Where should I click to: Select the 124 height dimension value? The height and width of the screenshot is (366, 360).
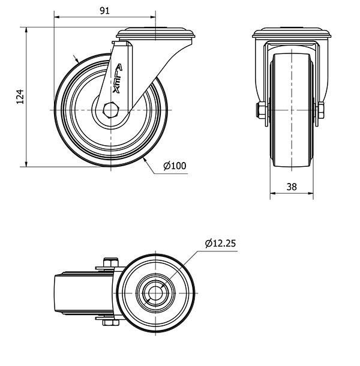click(19, 97)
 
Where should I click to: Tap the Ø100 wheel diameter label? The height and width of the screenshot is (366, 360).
click(175, 166)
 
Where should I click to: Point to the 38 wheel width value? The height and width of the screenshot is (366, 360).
click(292, 187)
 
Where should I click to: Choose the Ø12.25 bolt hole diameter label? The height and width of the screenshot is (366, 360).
click(219, 243)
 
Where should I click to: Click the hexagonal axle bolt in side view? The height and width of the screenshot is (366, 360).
click(110, 112)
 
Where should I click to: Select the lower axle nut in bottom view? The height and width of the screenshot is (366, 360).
click(109, 324)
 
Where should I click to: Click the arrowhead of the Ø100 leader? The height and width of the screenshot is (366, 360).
click(147, 160)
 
